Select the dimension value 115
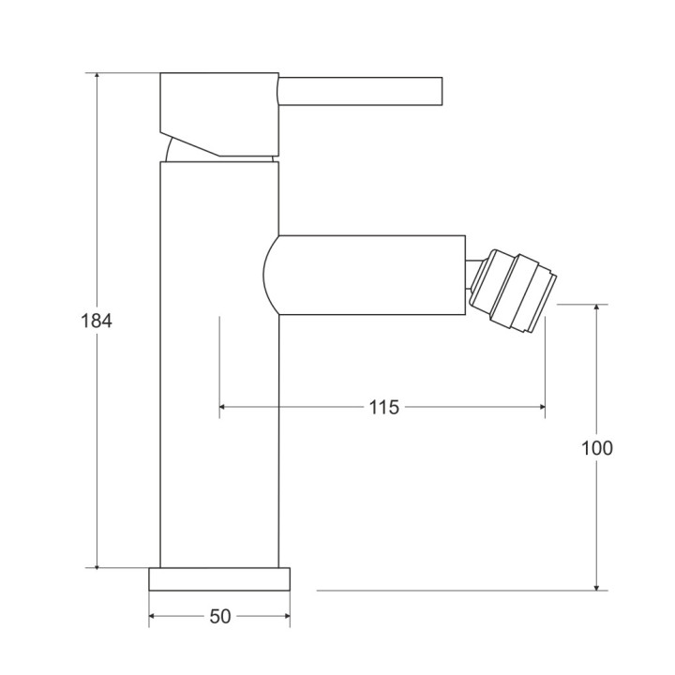click(383, 407)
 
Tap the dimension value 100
click(597, 448)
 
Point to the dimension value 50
click(220, 616)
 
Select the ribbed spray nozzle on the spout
click(514, 291)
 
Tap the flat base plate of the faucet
click(219, 578)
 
